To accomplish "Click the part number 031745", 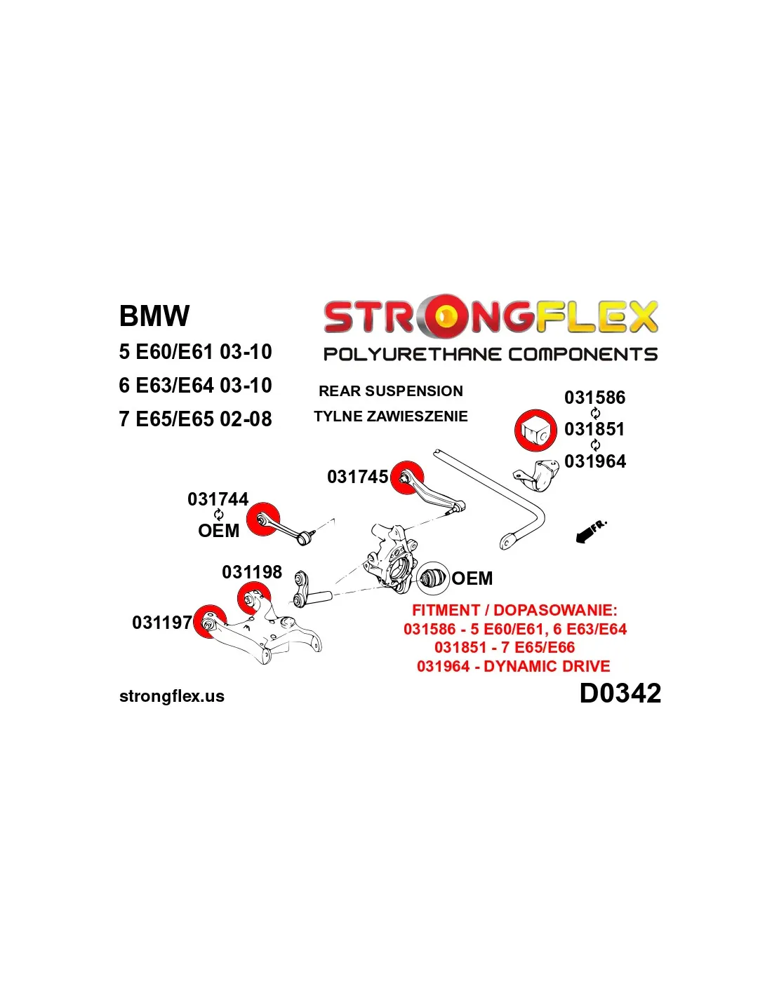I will [x=357, y=477].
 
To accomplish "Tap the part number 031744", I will [x=218, y=499].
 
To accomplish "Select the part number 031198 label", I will [x=251, y=572].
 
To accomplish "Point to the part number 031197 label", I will [x=161, y=623].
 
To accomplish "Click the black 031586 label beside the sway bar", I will [x=594, y=398].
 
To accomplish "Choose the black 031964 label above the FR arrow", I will [x=594, y=461].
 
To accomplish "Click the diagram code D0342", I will [x=620, y=693].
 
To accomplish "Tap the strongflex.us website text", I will [x=172, y=696].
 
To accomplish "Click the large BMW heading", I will [x=154, y=316].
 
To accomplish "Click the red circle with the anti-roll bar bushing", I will [x=535, y=430].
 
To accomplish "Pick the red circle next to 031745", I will [x=407, y=477].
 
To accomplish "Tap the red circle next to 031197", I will [x=208, y=621].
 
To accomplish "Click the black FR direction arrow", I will [x=588, y=533].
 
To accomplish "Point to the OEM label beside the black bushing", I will [x=472, y=578].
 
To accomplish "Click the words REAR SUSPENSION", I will [x=390, y=391].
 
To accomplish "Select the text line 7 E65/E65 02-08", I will [x=195, y=419].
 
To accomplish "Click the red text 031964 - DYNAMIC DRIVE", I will [x=513, y=666].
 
